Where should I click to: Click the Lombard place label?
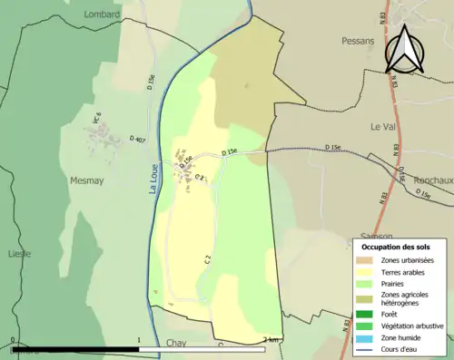click(x=101, y=15)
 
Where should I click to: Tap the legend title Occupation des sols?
click(x=396, y=247)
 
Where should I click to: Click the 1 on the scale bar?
click(x=139, y=341)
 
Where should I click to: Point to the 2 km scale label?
click(x=270, y=341)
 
